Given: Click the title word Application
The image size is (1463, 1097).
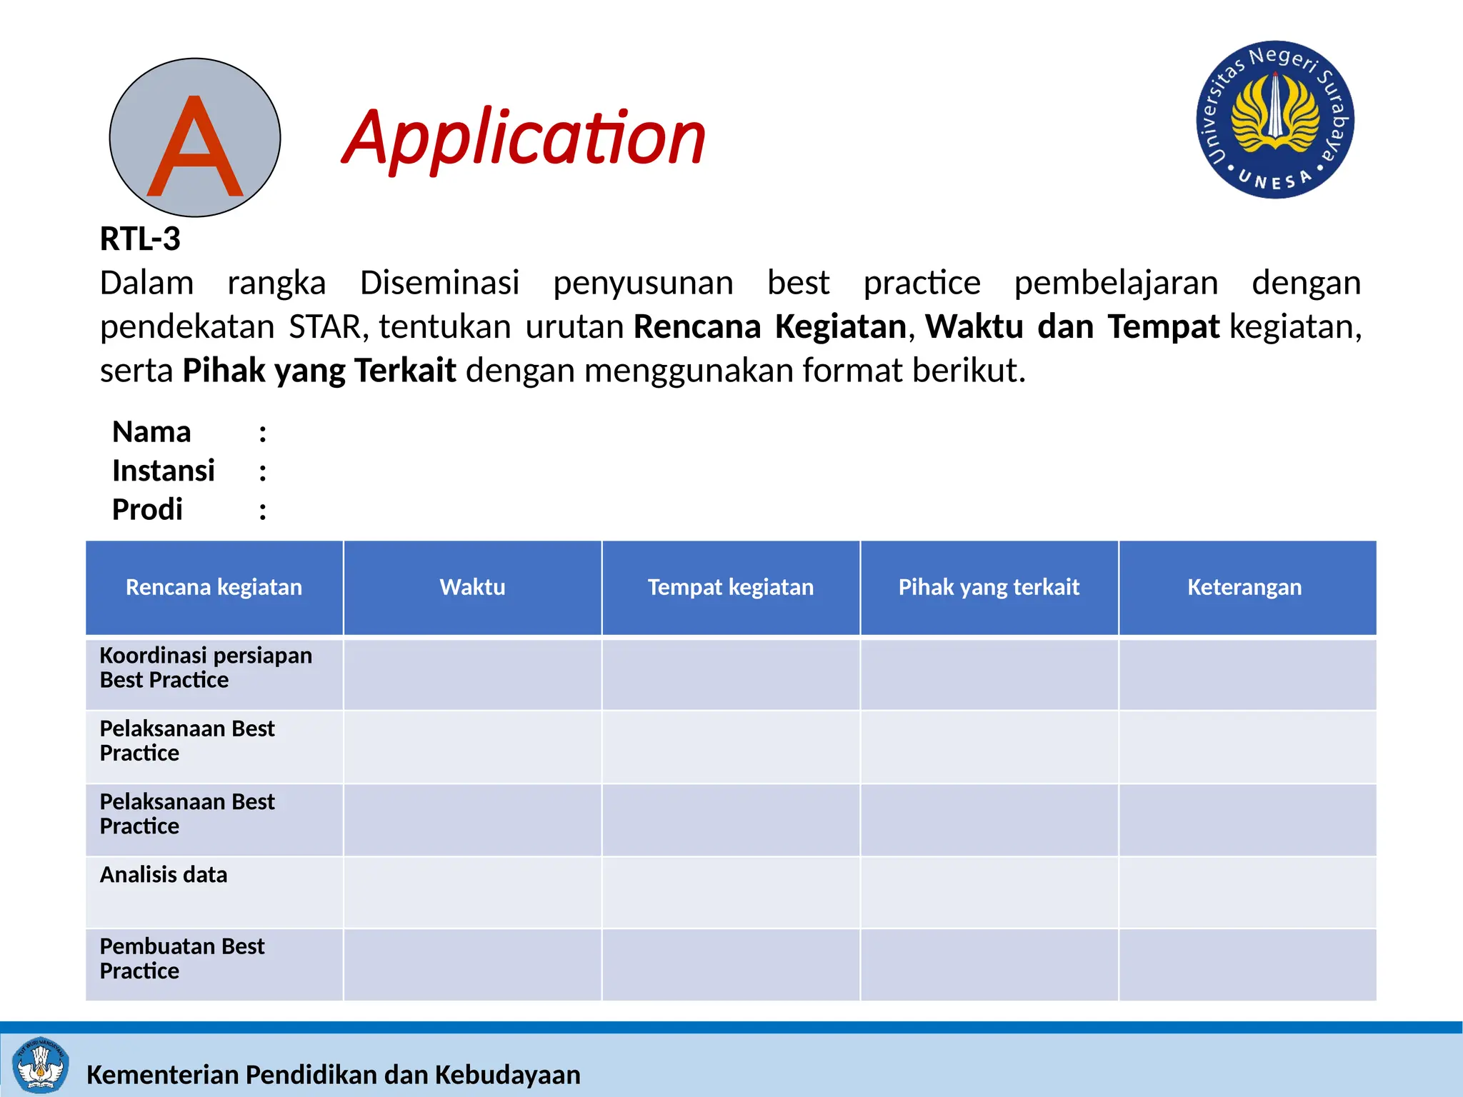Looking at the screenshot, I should pyautogui.click(x=524, y=138).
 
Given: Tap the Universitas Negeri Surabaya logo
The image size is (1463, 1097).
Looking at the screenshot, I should pyautogui.click(x=1275, y=119).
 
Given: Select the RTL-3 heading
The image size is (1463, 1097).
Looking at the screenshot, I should pyautogui.click(x=140, y=239).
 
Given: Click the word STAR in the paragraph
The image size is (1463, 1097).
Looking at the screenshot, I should pyautogui.click(x=325, y=327).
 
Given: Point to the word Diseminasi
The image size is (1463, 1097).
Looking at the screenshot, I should pyautogui.click(x=439, y=283).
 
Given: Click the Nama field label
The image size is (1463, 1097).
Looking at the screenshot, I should pyautogui.click(x=151, y=432).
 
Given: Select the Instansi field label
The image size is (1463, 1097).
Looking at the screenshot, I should pyautogui.click(x=164, y=471).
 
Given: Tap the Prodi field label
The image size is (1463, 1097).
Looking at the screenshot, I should pyautogui.click(x=147, y=510).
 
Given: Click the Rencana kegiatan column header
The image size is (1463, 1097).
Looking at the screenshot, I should pyautogui.click(x=214, y=587).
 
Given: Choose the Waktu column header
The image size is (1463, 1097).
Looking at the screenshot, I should pyautogui.click(x=472, y=587).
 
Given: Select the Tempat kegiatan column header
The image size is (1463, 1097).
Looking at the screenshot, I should pyautogui.click(x=730, y=587).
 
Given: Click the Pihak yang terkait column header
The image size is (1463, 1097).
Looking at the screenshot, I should pyautogui.click(x=989, y=587).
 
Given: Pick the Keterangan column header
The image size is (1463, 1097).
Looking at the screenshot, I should pyautogui.click(x=1244, y=587).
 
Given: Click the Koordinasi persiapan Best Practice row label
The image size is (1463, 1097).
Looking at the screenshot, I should pyautogui.click(x=206, y=668).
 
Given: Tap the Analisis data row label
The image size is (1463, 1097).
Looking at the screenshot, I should pyautogui.click(x=164, y=875).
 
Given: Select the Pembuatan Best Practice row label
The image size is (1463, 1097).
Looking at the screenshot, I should pyautogui.click(x=182, y=958).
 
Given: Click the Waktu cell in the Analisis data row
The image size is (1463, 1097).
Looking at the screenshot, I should pyautogui.click(x=472, y=892).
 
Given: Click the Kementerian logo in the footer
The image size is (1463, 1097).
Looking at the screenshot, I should pyautogui.click(x=41, y=1065).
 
